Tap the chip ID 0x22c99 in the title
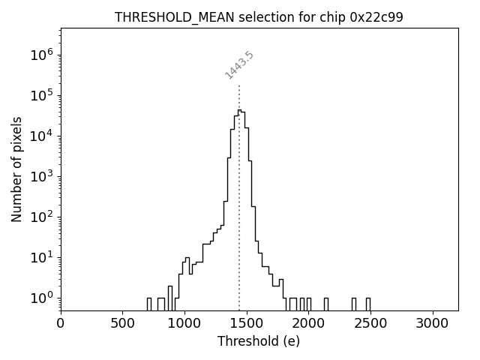point(376,17)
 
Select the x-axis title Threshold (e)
point(259,341)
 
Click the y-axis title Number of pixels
point(16,169)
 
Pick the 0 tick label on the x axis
point(61,323)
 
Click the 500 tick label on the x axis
point(122,323)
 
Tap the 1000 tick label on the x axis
point(184,323)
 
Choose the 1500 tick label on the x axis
point(247,323)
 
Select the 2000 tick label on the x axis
point(308,323)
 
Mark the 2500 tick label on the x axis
point(370,323)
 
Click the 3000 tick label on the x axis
point(433,323)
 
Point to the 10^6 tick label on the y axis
point(41,55)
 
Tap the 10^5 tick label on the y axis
point(41,95)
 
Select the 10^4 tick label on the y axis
point(41,136)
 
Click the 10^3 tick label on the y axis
point(41,176)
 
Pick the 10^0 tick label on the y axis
point(41,298)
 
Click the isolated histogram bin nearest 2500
point(367,304)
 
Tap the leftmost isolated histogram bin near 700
point(148,304)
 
